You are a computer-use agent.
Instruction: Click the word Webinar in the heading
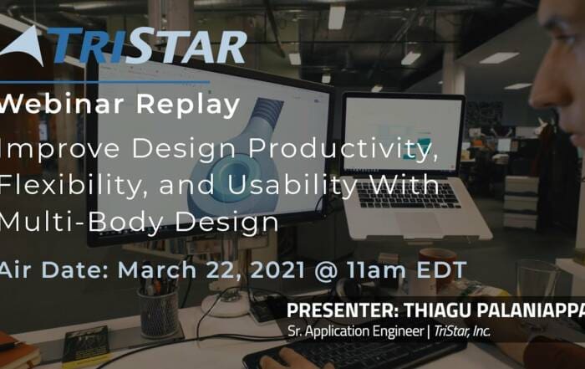[x=62, y=104]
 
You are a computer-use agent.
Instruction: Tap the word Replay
[x=188, y=106]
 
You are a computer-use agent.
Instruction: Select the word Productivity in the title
[x=343, y=149]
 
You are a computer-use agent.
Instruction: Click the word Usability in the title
[x=291, y=186]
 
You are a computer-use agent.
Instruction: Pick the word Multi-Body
[x=82, y=223]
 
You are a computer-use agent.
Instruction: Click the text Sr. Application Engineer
[x=355, y=331]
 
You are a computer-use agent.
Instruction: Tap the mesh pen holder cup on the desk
[x=159, y=312]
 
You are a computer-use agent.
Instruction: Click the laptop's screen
[x=403, y=134]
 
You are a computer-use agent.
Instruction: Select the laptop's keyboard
[x=407, y=194]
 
